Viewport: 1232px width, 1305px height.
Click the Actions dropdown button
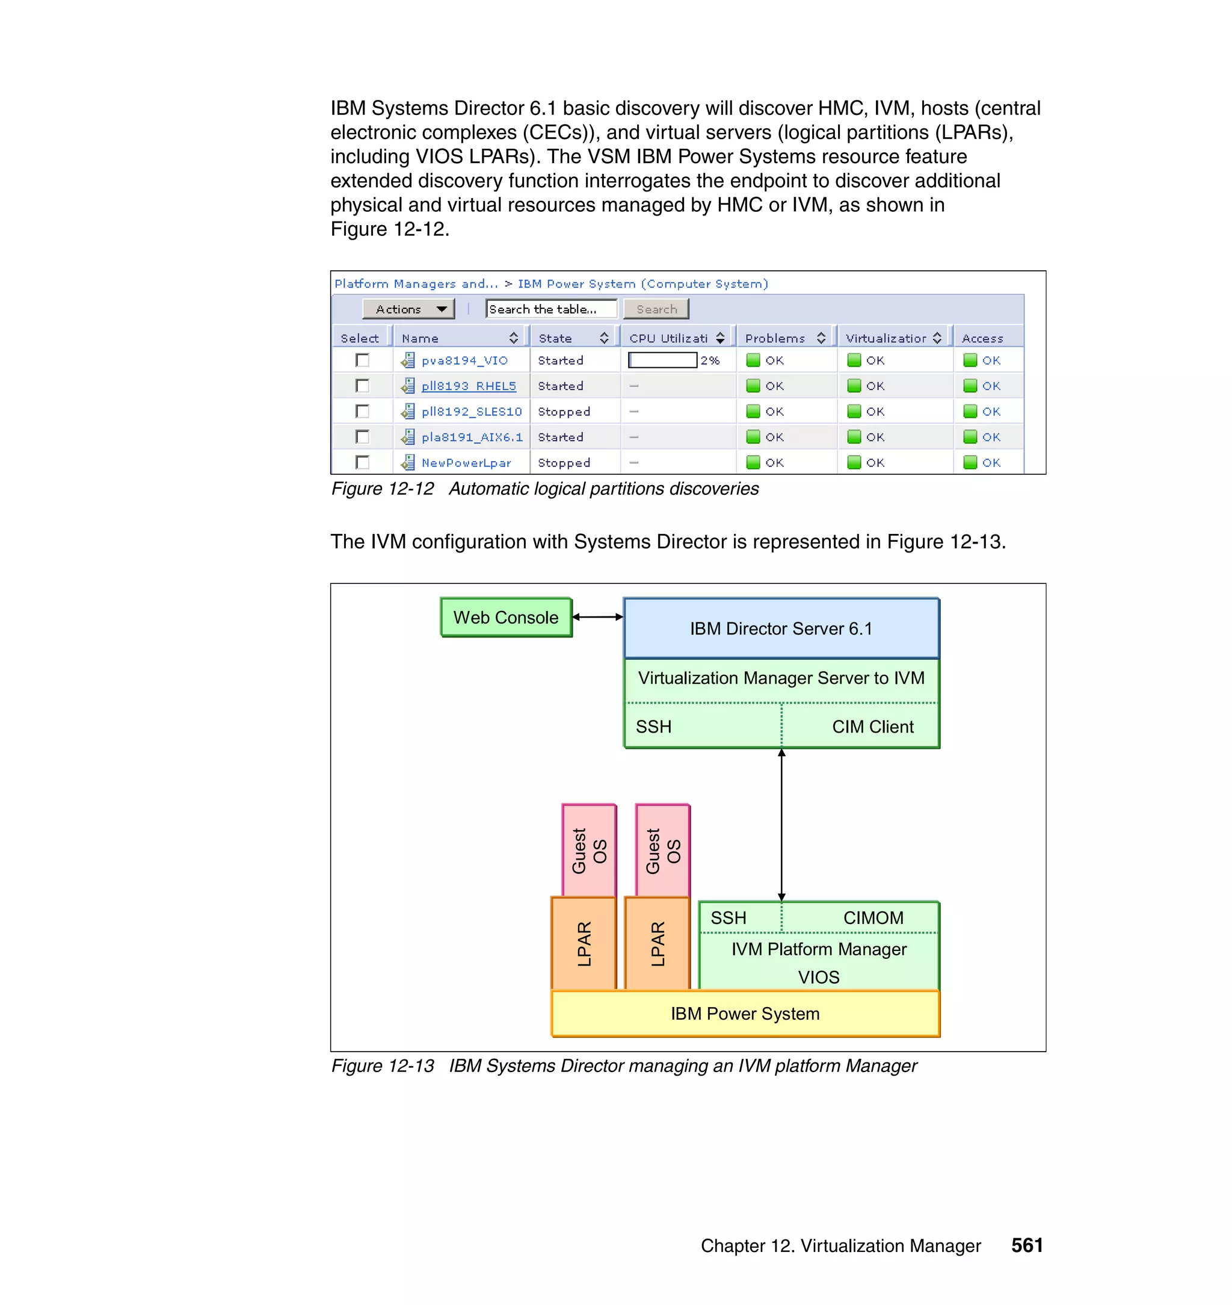tap(408, 309)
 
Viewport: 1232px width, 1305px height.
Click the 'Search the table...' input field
tap(550, 309)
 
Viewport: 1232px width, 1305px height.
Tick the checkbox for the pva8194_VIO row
tap(362, 360)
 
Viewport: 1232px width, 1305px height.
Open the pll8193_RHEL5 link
tap(468, 386)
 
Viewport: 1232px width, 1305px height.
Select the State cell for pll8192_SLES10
tap(564, 411)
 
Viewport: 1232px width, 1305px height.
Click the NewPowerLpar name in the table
tap(466, 463)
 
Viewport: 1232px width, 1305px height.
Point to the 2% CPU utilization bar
tap(662, 360)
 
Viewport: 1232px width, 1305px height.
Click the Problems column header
tap(775, 338)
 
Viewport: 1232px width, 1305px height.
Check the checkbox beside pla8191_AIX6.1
tap(362, 437)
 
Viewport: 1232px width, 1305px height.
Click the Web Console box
tap(506, 617)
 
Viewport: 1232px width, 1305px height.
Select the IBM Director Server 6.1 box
tap(781, 628)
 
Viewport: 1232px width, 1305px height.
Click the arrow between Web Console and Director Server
tap(597, 617)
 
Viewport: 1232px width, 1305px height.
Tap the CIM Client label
tap(872, 727)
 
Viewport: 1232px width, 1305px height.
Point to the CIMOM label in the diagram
tap(873, 918)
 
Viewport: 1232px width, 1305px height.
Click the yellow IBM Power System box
tap(745, 1014)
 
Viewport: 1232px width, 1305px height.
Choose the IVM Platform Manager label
tap(818, 949)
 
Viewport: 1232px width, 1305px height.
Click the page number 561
tap(1026, 1245)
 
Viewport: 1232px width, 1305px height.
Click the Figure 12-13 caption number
tap(382, 1066)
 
